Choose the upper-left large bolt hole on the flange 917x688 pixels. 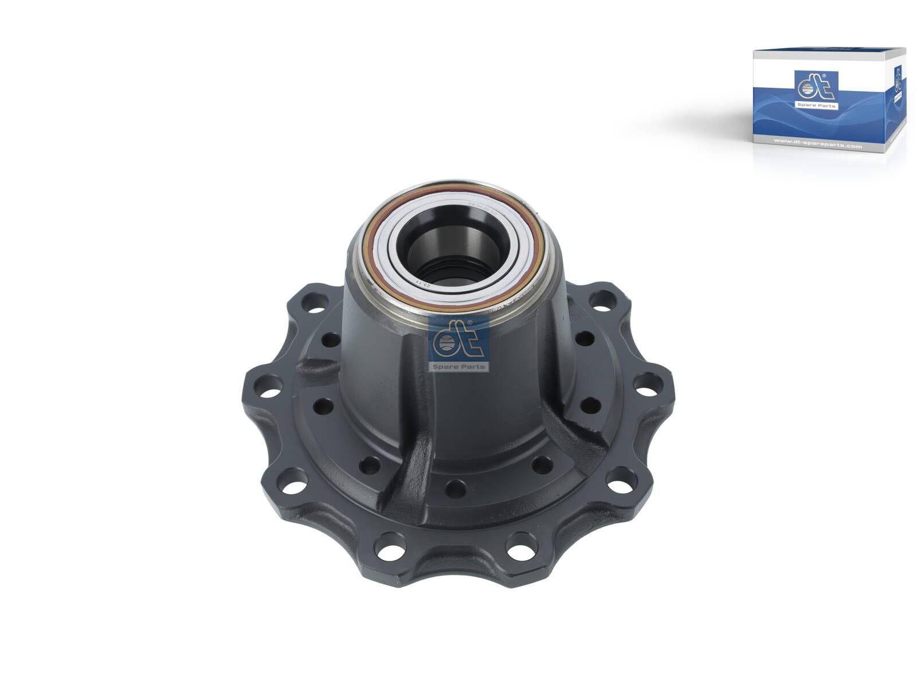click(312, 299)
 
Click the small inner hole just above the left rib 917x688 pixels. click(330, 339)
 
